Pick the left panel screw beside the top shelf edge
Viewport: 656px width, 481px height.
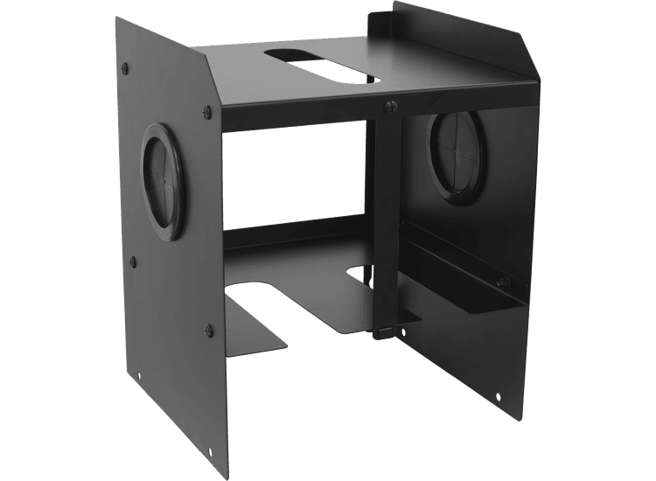click(207, 110)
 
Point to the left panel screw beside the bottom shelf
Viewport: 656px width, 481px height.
click(208, 329)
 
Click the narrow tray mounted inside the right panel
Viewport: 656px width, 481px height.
click(464, 280)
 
